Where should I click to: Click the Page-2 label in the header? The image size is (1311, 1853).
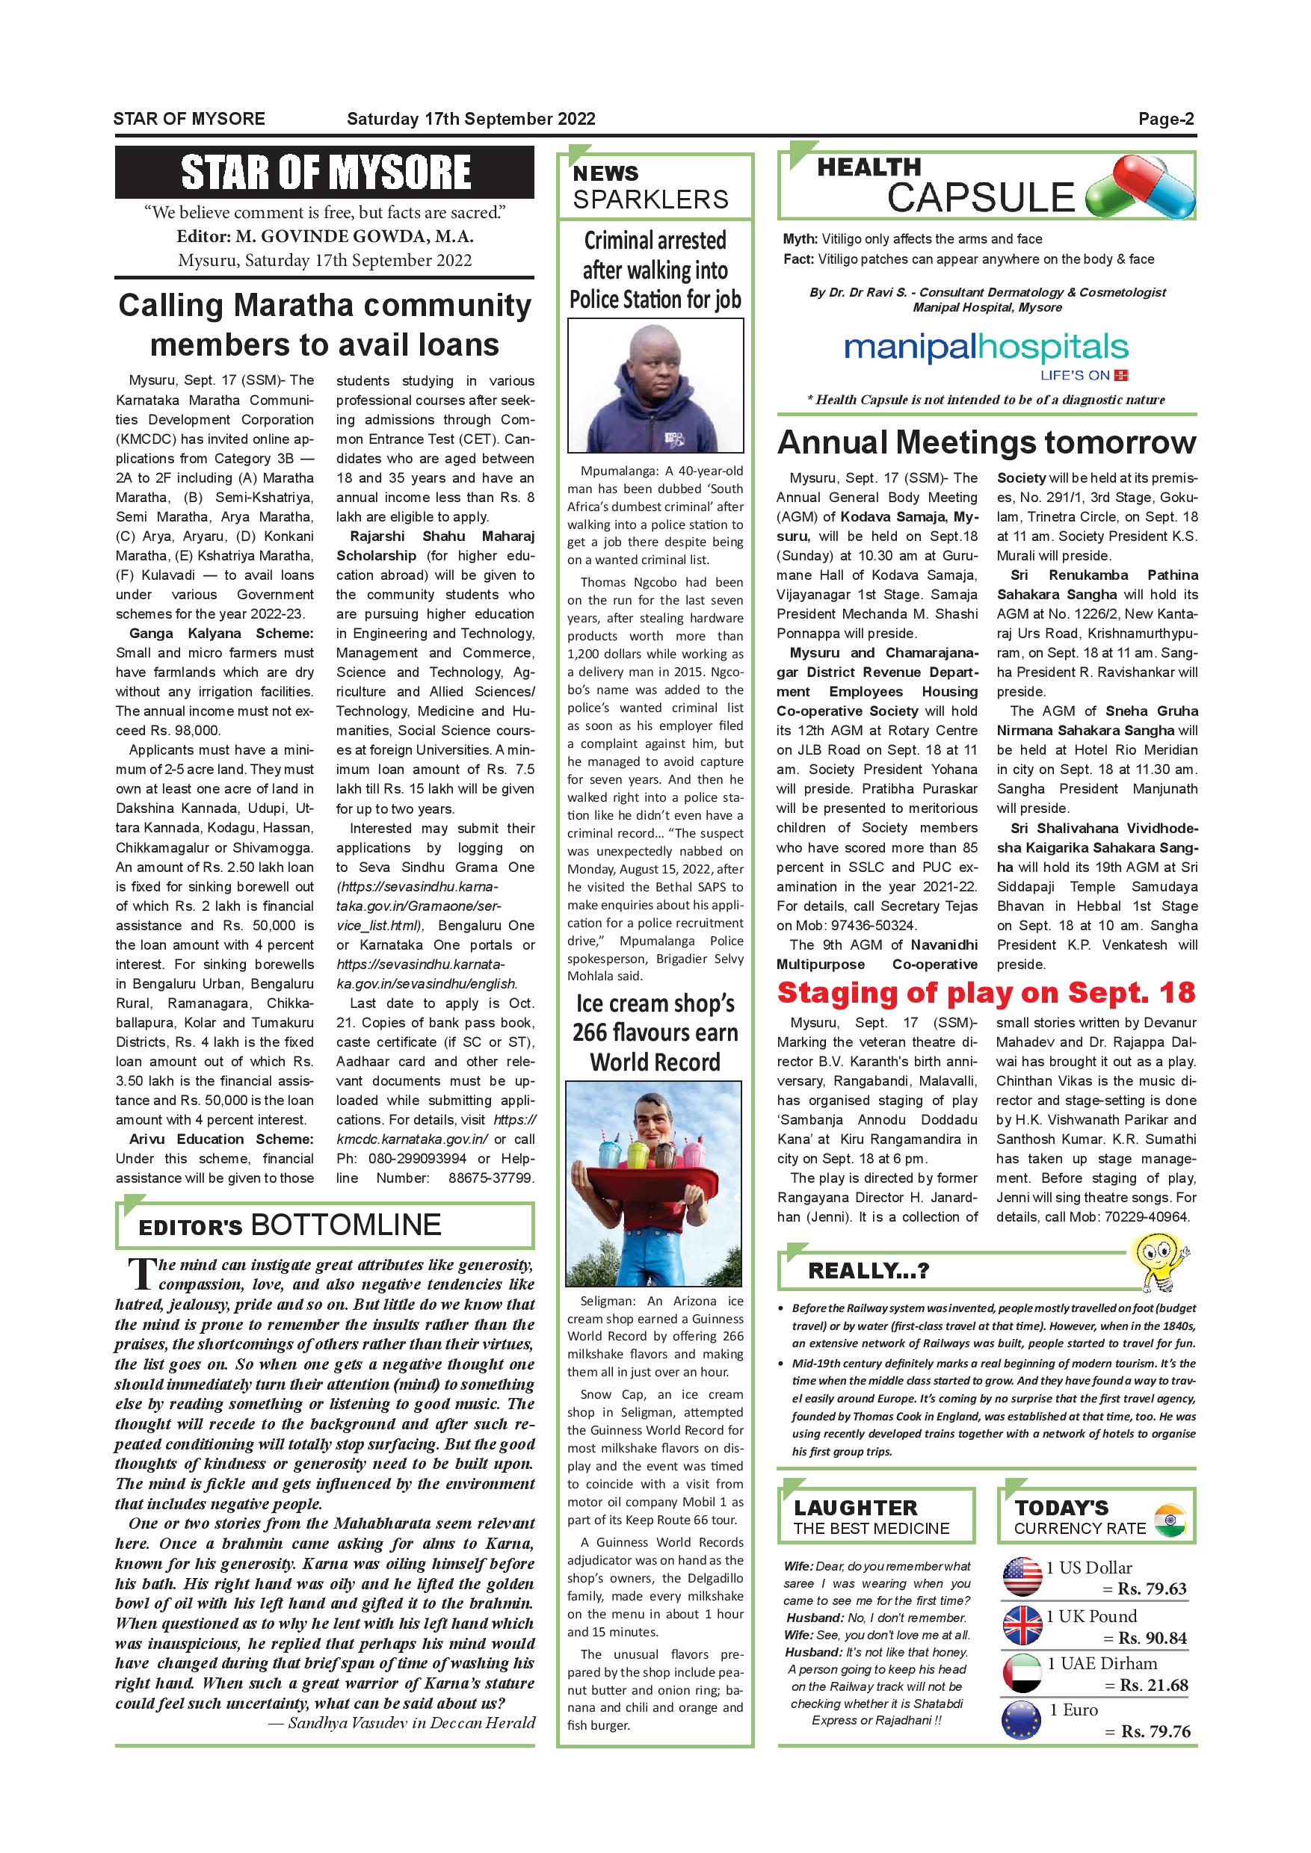1166,120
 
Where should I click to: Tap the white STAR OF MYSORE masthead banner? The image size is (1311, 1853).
324,172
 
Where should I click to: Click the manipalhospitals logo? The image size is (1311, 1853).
986,350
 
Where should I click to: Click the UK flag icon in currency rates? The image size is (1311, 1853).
1021,1624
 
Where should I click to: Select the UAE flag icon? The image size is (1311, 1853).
1021,1671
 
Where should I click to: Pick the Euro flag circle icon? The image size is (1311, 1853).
1021,1719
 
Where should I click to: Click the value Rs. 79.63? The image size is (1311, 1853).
1152,1588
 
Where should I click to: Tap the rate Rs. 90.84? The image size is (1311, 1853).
1152,1638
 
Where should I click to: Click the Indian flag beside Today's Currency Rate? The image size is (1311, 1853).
1170,1521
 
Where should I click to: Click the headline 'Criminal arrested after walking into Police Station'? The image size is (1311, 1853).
655,270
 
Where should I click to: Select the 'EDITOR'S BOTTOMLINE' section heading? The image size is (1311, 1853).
291,1225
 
